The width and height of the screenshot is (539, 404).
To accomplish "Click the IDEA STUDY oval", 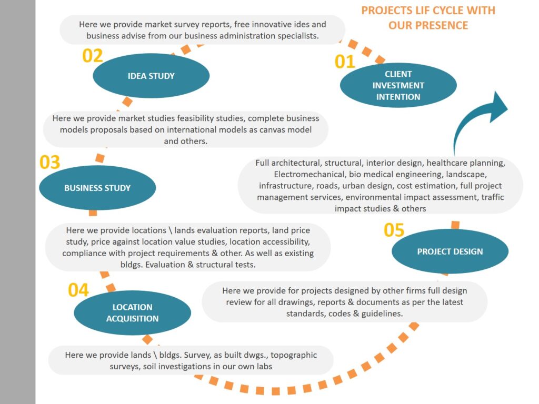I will click(151, 76).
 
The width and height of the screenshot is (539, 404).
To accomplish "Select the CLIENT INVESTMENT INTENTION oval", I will click(398, 85).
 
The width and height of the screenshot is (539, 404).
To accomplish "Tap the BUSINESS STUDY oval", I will click(97, 188).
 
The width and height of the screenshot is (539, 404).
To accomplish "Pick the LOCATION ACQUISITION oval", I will click(132, 312).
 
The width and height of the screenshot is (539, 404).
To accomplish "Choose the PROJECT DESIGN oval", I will click(450, 251).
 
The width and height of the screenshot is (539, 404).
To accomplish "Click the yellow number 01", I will click(345, 62).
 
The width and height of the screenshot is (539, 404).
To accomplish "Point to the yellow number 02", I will click(93, 56).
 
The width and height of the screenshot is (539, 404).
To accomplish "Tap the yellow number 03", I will click(50, 163).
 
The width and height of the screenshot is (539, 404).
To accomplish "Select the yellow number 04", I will click(78, 290).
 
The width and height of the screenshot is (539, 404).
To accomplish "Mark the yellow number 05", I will click(394, 230).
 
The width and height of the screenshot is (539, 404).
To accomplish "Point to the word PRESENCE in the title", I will click(443, 25).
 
